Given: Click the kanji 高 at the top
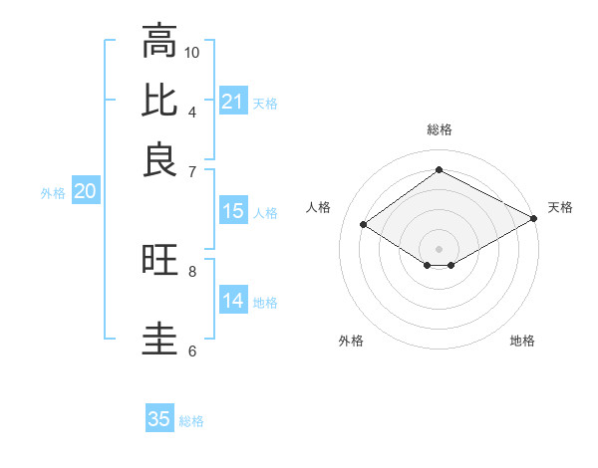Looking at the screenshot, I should [158, 42].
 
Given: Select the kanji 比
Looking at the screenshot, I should [158, 101].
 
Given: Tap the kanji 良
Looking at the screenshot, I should [158, 159].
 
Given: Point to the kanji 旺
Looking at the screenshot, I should [158, 261].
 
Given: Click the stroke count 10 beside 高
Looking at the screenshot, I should [192, 52].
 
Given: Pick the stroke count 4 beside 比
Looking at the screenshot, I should [192, 111].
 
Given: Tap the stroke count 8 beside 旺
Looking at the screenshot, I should [192, 270].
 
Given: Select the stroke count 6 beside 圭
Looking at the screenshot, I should [192, 351].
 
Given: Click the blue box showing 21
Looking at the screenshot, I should [232, 102].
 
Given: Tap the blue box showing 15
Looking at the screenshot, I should [232, 211].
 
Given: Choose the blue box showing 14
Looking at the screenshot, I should [232, 302].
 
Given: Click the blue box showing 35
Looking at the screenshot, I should [159, 419].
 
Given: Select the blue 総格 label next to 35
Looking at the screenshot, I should [191, 421].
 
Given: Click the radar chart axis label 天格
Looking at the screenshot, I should [560, 207].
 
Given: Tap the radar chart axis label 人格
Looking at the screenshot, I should [319, 207].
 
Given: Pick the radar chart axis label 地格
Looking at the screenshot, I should [522, 341].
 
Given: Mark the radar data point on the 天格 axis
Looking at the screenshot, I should [534, 218].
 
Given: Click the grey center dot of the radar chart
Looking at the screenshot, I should [440, 248].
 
